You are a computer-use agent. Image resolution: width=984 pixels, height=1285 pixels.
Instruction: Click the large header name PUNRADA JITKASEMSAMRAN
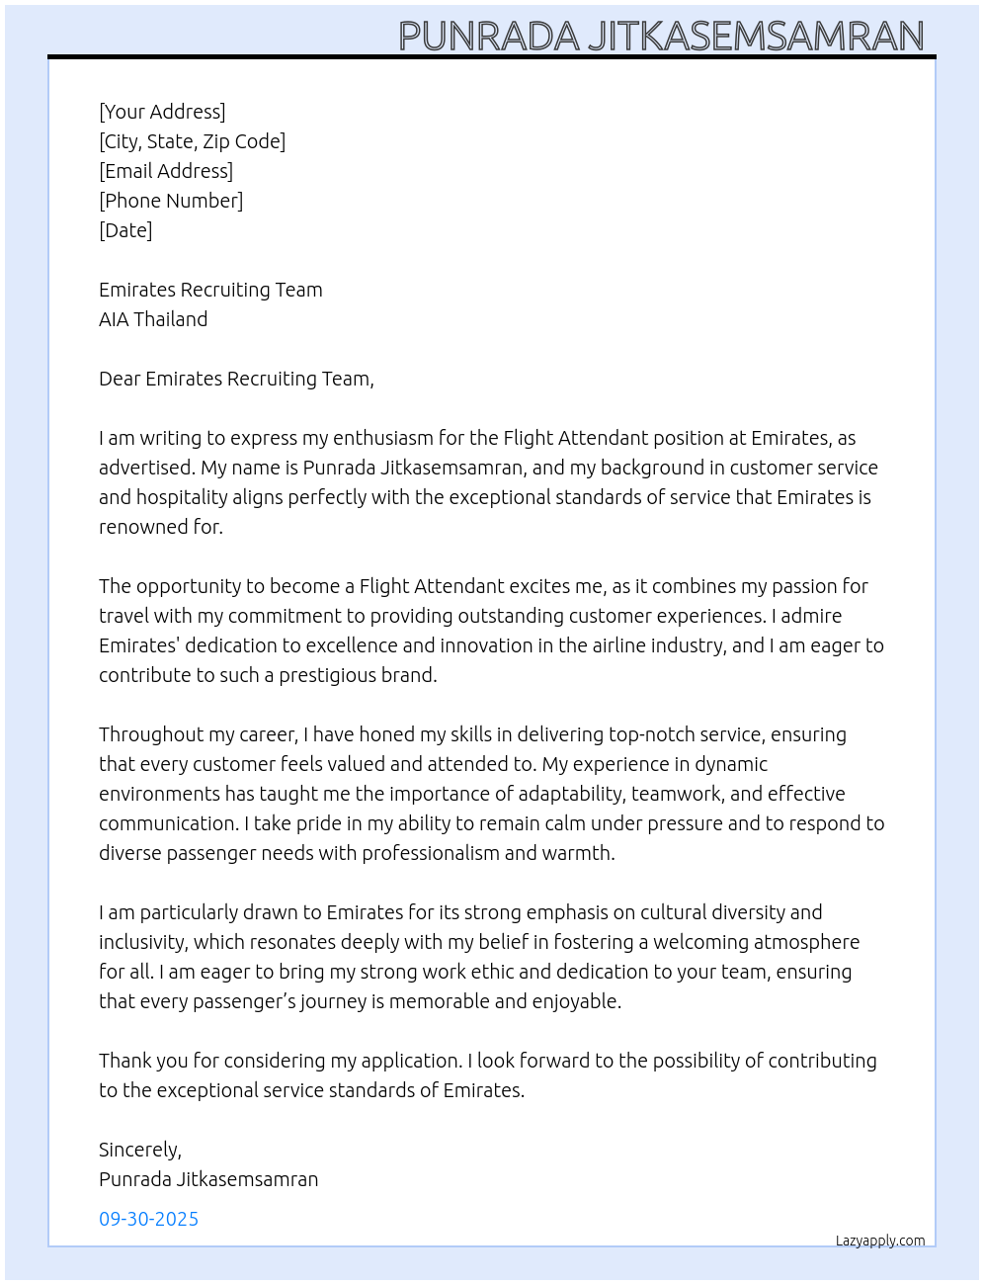click(x=661, y=36)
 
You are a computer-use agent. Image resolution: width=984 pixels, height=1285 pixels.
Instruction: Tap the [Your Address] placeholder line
click(x=162, y=112)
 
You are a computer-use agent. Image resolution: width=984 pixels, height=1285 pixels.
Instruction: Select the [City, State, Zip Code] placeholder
click(x=192, y=141)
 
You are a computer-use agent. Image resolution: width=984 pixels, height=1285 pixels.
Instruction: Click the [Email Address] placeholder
click(x=166, y=171)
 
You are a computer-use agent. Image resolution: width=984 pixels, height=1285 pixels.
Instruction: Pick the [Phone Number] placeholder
click(x=171, y=201)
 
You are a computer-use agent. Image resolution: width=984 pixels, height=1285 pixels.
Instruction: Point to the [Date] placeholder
click(x=125, y=230)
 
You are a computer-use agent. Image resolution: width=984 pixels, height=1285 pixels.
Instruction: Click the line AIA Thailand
click(x=153, y=319)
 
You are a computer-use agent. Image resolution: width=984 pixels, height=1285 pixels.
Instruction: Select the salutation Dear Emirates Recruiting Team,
click(x=236, y=379)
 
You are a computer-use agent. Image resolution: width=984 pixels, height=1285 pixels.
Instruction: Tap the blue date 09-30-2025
click(x=148, y=1219)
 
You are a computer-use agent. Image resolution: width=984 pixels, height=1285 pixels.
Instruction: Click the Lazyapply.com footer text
click(x=880, y=1241)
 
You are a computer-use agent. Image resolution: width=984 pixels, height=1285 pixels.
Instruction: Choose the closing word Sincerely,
click(x=140, y=1150)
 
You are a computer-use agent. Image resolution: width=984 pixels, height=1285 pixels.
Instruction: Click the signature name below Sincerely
click(x=208, y=1179)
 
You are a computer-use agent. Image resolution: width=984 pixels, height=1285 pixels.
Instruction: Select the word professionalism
click(x=431, y=853)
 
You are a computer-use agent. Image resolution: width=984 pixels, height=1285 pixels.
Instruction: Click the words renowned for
click(x=160, y=527)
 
